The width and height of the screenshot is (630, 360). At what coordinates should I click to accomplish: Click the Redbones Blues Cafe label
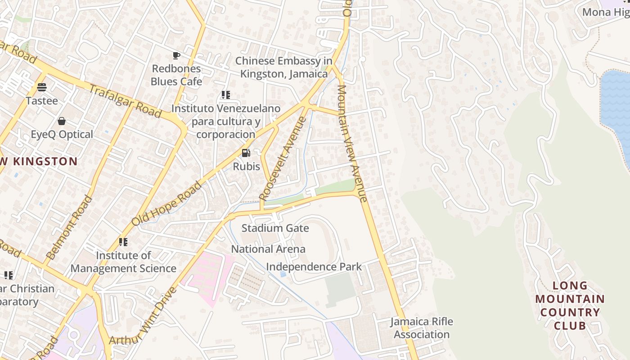[x=176, y=75]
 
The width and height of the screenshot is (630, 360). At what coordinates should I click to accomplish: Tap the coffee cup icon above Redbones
[x=176, y=56]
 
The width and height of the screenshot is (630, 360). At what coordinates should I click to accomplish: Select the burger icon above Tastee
[x=42, y=87]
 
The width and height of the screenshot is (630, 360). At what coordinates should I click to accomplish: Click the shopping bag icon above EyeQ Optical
[x=62, y=121]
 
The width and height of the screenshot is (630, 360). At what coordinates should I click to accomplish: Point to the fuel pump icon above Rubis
[x=246, y=153]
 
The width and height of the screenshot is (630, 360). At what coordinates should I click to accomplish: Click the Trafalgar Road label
[x=125, y=101]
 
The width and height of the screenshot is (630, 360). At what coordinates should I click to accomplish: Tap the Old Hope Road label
[x=166, y=203]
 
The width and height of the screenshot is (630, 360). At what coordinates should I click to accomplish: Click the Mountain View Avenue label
[x=352, y=143]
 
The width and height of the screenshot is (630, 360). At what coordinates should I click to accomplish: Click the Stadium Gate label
[x=275, y=228]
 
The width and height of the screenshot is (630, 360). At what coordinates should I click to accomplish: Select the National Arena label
[x=268, y=249]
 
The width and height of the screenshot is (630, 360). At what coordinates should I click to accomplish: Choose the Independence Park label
[x=314, y=266]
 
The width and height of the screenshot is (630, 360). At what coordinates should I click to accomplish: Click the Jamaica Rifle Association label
[x=421, y=328]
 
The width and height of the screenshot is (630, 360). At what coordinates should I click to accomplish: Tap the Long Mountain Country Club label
[x=570, y=306]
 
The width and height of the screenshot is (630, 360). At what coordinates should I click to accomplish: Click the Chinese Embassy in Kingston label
[x=283, y=67]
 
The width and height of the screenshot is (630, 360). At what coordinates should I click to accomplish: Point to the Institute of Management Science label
[x=123, y=262]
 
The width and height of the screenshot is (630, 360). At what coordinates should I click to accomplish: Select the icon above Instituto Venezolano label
[x=225, y=95]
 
